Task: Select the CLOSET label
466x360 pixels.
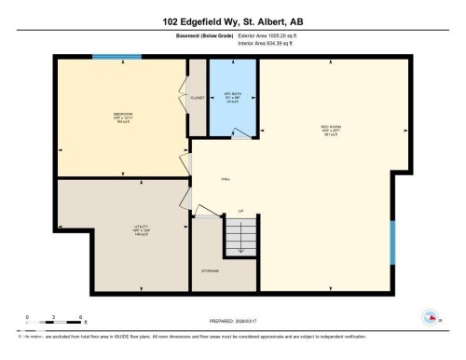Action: click(x=198, y=95)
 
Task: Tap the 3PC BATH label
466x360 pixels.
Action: click(x=232, y=95)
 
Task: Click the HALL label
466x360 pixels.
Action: click(x=226, y=179)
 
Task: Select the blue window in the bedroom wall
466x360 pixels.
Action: click(x=116, y=58)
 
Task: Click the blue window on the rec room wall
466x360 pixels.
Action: click(x=392, y=242)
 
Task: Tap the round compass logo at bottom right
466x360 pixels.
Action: click(x=431, y=317)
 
